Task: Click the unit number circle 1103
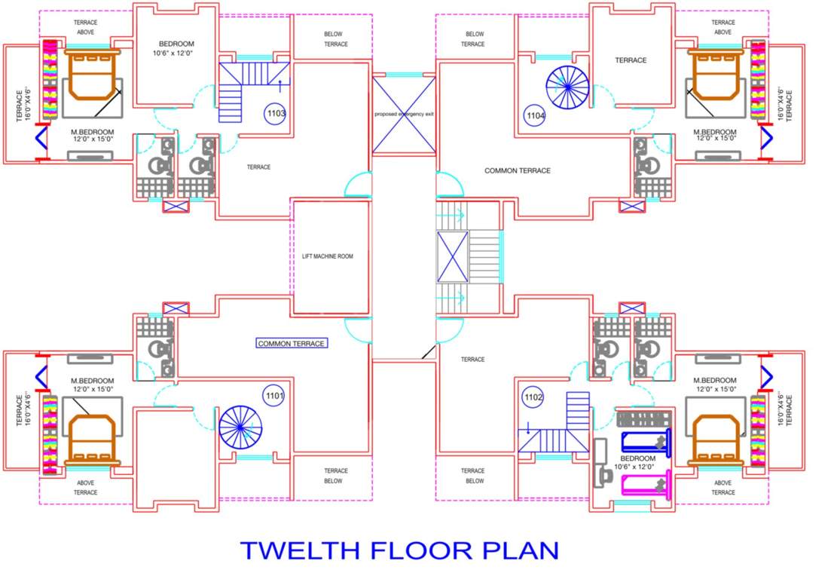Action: click(276, 115)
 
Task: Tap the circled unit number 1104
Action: click(534, 115)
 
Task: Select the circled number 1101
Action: click(273, 394)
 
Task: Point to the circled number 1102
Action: click(533, 396)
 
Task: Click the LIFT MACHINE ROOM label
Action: click(322, 256)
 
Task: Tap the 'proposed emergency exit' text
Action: click(405, 114)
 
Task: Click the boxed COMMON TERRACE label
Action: click(292, 344)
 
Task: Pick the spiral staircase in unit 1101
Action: click(240, 427)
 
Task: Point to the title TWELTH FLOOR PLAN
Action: click(399, 550)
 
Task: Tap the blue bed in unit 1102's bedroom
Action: click(644, 441)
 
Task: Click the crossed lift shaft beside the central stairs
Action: click(453, 256)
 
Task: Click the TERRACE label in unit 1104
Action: click(631, 60)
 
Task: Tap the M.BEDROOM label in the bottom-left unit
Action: click(92, 384)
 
